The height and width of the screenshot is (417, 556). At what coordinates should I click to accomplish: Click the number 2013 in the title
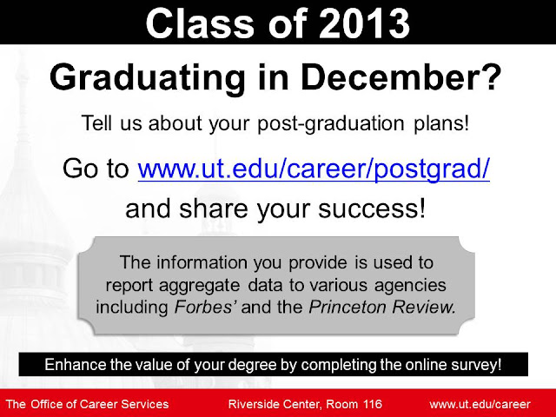click(x=364, y=23)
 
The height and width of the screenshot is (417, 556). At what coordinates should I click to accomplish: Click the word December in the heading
click(x=390, y=77)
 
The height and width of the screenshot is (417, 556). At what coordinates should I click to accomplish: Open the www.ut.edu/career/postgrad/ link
click(x=314, y=169)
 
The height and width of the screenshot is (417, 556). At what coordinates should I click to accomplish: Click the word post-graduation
click(x=331, y=124)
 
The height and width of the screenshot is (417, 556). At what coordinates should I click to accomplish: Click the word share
click(x=214, y=208)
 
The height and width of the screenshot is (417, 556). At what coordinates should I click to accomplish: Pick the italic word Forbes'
click(x=203, y=307)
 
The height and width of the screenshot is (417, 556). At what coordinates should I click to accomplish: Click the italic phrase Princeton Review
click(x=382, y=307)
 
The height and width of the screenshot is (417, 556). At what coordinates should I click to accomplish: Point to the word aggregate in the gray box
click(x=199, y=286)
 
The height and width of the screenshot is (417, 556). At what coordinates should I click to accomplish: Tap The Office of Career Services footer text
click(x=87, y=404)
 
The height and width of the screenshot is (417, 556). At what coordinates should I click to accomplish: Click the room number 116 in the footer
click(x=373, y=404)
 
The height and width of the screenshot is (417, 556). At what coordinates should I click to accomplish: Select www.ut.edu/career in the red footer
click(x=480, y=405)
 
